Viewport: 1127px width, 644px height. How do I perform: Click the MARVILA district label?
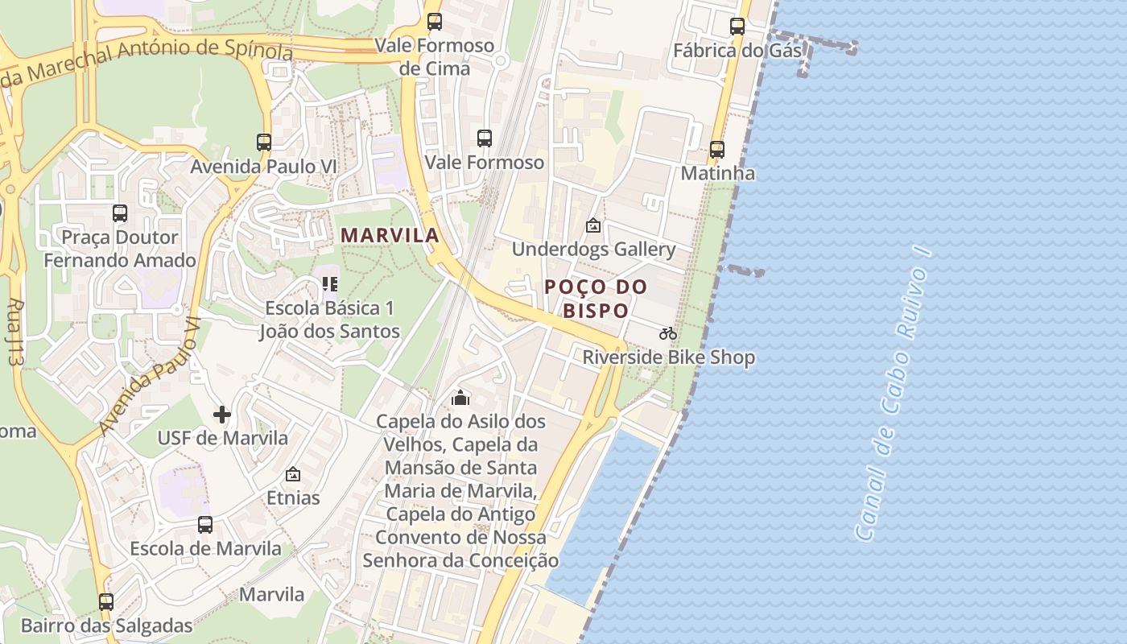coord(390,235)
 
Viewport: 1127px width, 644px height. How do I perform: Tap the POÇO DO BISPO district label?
coord(596,298)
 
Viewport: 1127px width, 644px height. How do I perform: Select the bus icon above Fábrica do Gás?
coord(737,27)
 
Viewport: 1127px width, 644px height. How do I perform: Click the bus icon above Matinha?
coord(716,150)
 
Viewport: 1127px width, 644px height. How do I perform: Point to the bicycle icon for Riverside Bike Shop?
coord(668,333)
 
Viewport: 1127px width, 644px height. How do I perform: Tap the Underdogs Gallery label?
coord(593,249)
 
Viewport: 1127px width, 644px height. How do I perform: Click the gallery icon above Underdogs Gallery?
coord(593,225)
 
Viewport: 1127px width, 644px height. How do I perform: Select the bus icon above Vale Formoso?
coord(484,138)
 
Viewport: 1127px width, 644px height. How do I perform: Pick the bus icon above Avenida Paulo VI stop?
coord(264,142)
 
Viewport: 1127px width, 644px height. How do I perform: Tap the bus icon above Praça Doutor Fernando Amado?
coord(120,213)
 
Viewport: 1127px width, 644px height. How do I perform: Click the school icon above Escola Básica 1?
coord(329,283)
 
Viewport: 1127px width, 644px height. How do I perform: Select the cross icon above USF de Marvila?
coord(222,415)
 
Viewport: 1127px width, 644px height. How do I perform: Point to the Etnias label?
coord(293,497)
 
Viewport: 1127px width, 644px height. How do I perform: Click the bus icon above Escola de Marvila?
coord(205,525)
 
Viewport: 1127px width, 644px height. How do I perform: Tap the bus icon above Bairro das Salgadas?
coord(106,601)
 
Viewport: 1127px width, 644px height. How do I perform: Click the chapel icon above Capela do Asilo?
coord(460,398)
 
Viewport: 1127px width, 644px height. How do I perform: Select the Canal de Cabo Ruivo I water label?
coord(893,394)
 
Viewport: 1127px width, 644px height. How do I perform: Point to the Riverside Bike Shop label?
coord(669,357)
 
